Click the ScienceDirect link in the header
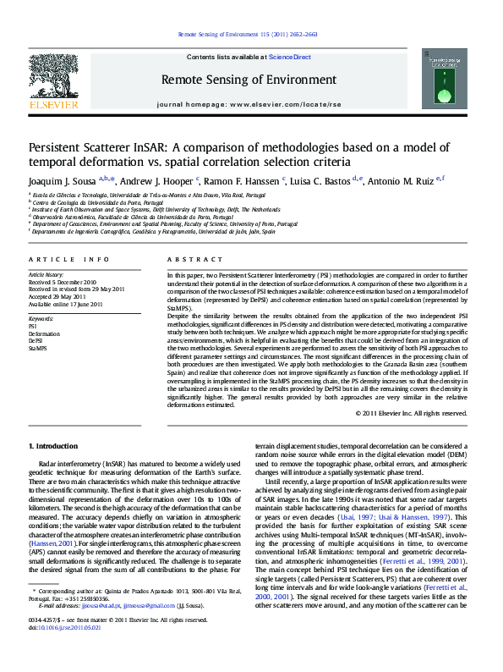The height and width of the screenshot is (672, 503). coord(290,57)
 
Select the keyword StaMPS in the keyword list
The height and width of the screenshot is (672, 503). coord(38,347)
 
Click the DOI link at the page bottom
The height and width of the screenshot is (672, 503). coord(64,651)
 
